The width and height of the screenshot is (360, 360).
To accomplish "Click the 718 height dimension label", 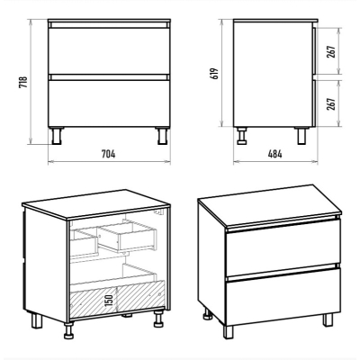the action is click(23, 82).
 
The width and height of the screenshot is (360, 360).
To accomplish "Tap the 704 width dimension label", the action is click(108, 154).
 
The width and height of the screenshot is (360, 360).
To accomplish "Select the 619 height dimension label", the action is click(215, 73).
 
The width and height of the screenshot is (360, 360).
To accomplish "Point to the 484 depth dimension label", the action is click(275, 154).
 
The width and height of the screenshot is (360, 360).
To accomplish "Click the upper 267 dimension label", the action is click(331, 52).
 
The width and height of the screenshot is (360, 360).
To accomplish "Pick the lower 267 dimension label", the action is click(331, 103).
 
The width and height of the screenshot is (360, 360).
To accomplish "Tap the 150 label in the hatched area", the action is click(110, 301).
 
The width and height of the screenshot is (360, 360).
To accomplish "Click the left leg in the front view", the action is click(57, 136).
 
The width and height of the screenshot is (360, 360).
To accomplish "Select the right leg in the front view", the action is click(162, 136).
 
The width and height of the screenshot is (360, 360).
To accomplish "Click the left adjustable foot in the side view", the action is click(241, 136).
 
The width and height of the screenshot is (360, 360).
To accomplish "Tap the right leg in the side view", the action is click(301, 136).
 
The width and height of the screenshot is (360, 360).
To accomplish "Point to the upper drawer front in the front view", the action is click(109, 51).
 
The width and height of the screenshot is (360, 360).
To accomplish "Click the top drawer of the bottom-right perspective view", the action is click(283, 247).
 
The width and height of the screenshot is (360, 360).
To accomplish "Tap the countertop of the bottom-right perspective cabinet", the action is click(270, 205).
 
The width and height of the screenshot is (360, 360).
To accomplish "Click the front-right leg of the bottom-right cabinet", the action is click(328, 319).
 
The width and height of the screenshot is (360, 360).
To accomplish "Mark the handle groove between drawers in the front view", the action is click(109, 77).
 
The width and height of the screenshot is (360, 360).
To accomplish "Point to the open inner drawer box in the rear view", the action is click(128, 237).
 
